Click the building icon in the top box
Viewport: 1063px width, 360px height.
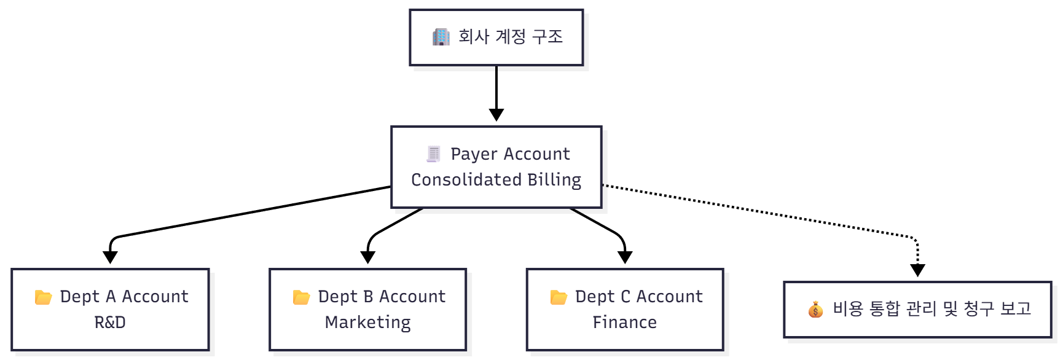441,37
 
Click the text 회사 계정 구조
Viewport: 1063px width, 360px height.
511,37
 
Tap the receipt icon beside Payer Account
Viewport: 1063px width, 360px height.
434,154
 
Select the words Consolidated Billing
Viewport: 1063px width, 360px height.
496,180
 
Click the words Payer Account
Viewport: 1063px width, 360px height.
510,154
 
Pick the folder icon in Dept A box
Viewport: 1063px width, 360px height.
44,297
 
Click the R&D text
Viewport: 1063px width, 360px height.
110,323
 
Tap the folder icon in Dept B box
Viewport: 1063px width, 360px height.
301,297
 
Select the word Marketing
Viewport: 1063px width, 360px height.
367,323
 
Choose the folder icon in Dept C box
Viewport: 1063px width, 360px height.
559,297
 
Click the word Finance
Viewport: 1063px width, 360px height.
624,323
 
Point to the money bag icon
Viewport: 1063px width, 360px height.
815,310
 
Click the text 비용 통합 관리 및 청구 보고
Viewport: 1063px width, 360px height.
932,308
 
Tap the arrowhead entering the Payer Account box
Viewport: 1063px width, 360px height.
496,115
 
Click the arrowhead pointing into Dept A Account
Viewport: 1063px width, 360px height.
110,257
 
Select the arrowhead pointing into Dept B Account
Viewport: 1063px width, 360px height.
367,257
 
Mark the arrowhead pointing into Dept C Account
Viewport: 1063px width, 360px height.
625,257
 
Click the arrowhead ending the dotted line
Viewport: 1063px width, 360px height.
917,270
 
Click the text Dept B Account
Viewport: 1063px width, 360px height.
382,297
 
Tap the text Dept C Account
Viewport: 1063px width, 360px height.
638,297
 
